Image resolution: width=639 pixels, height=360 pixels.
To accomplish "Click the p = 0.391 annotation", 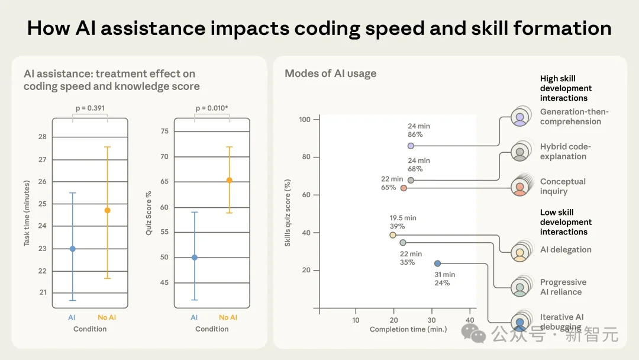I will pyautogui.click(x=90, y=108).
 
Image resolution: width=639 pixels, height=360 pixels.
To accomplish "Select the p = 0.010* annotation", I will pyautogui.click(x=212, y=108).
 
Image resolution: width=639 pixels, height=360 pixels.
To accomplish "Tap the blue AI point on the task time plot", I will pyautogui.click(x=73, y=249).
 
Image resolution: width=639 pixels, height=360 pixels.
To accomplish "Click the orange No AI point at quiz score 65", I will pyautogui.click(x=229, y=180).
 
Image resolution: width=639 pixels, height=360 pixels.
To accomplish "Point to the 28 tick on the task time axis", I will pyautogui.click(x=43, y=137).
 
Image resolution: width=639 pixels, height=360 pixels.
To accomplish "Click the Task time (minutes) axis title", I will pyautogui.click(x=27, y=215).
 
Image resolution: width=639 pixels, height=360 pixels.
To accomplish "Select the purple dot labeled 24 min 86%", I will pyautogui.click(x=411, y=146).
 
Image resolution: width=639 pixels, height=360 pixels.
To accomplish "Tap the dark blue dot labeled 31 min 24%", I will pyautogui.click(x=437, y=263).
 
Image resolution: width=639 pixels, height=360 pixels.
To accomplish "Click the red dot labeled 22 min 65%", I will pyautogui.click(x=404, y=188).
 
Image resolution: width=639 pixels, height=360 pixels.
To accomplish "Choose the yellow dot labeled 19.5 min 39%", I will pyautogui.click(x=392, y=235).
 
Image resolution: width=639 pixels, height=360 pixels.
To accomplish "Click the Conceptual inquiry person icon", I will pyautogui.click(x=519, y=187).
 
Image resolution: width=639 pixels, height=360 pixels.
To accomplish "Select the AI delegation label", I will pyautogui.click(x=565, y=250).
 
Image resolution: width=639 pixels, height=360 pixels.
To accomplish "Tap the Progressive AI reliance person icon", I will pyautogui.click(x=519, y=288).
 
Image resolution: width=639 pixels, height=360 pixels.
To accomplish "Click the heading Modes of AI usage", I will pyautogui.click(x=330, y=74).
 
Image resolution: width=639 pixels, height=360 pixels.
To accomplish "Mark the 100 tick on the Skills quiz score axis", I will pyautogui.click(x=305, y=120).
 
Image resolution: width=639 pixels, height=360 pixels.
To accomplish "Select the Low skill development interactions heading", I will pyautogui.click(x=566, y=222).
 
